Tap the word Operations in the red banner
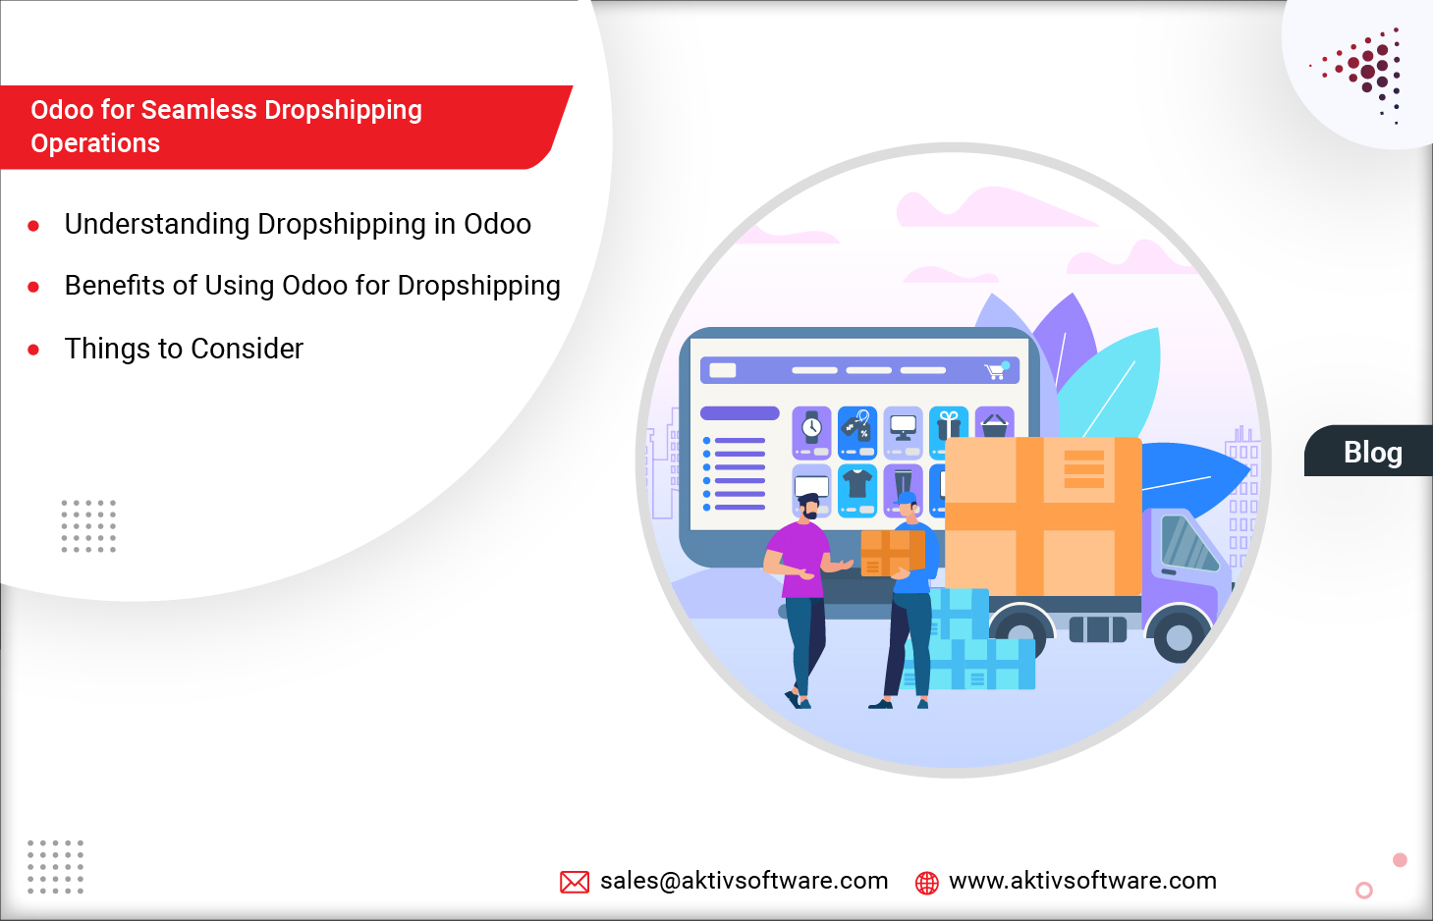(95, 143)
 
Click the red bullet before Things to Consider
(33, 350)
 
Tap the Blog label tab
(1371, 452)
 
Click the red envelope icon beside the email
(575, 882)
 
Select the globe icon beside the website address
(926, 883)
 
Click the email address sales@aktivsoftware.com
(744, 881)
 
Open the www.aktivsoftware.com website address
(1082, 881)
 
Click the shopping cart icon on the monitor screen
(995, 371)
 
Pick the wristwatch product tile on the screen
(811, 432)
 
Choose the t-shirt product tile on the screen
(857, 488)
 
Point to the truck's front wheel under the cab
(1178, 637)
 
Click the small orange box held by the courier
(889, 553)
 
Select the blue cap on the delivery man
(909, 498)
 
